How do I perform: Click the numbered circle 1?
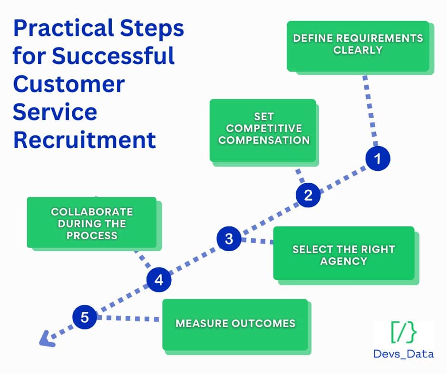(x=378, y=159)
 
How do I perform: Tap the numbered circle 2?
(x=308, y=195)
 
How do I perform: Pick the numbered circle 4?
(x=158, y=280)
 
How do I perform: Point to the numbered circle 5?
(x=85, y=317)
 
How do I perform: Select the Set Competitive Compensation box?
(x=263, y=130)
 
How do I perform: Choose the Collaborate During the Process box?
(x=92, y=222)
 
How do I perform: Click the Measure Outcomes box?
(x=235, y=324)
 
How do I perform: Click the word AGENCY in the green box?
(x=343, y=261)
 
